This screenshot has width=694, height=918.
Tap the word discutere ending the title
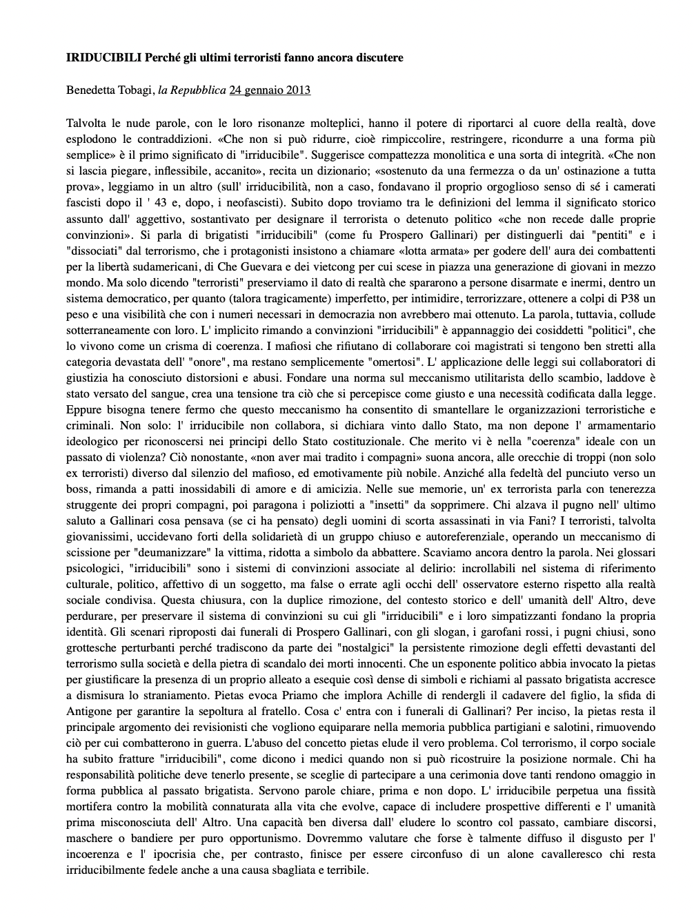pos(377,57)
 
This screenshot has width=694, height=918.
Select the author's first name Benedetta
pos(92,90)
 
